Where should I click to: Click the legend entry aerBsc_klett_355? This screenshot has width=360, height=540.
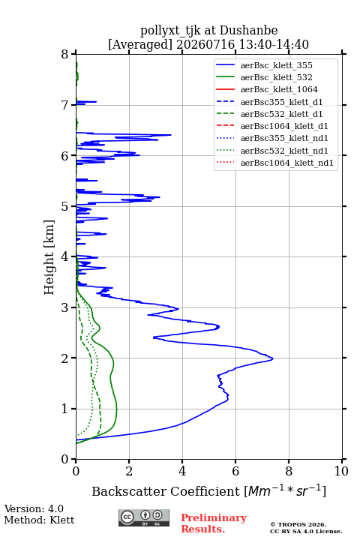coord(264,65)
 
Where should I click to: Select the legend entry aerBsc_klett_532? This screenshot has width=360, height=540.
coord(264,77)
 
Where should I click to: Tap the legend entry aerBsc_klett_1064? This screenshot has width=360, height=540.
coord(267,89)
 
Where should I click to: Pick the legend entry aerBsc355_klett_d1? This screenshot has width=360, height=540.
coord(269,102)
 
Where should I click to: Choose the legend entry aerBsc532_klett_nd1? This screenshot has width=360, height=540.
coord(271,151)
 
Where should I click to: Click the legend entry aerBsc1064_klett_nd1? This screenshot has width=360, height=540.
coord(274,163)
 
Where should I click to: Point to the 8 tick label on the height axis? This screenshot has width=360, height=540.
coord(65,54)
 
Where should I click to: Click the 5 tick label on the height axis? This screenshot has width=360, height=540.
coord(65,206)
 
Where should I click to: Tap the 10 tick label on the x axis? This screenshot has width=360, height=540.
coord(341,471)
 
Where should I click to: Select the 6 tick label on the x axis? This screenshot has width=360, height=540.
coord(235,471)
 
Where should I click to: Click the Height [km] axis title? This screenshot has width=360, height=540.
coord(49,257)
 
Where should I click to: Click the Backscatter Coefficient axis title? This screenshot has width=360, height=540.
coord(208,490)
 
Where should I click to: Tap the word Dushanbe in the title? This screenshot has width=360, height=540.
coord(248,31)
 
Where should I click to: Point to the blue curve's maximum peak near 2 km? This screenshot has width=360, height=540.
coord(272,358)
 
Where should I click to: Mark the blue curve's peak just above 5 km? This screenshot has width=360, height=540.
coord(160,197)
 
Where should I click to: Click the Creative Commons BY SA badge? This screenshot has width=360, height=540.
coord(144,517)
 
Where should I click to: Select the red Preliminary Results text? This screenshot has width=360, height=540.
coord(214,523)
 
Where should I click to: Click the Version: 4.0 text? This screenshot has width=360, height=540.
coord(34,508)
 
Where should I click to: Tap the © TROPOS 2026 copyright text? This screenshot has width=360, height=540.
coord(298,524)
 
